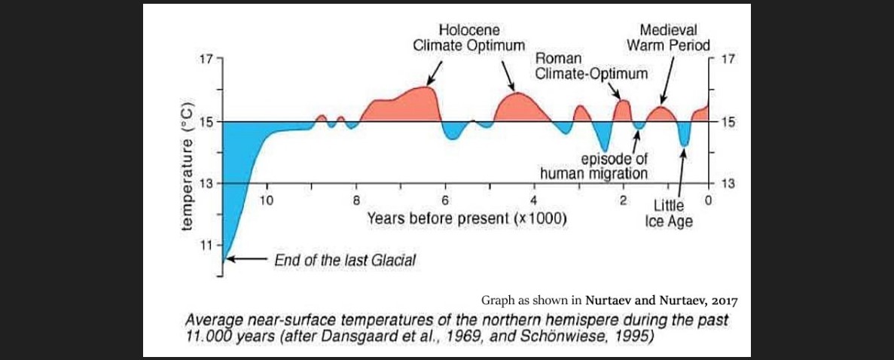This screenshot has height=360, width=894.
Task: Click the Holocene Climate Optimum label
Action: click(468, 38)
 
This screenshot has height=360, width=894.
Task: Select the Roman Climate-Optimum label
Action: click(591, 67)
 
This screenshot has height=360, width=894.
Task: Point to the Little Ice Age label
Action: click(668, 214)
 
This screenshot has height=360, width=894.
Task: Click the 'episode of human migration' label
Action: click(594, 166)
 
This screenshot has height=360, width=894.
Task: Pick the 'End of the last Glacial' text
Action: click(344, 260)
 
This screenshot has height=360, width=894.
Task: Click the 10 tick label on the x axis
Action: click(266, 200)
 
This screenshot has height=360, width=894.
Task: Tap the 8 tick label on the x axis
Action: click(357, 200)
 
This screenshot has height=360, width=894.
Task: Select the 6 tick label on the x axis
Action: click(445, 200)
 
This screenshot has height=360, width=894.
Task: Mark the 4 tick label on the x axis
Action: click(534, 200)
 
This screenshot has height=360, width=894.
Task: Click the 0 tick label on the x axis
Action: click(708, 200)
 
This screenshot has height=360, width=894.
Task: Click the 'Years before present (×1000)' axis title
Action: click(467, 220)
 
